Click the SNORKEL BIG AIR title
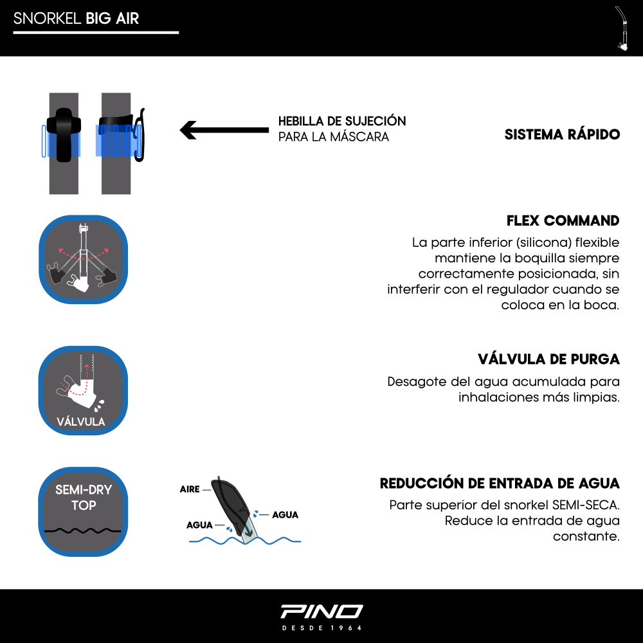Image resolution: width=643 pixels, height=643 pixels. click(x=77, y=19)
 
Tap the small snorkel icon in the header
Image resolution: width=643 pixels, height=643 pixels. click(x=622, y=29)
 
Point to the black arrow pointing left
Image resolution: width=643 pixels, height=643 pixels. click(x=224, y=130)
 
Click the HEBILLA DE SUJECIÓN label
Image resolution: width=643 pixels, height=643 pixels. click(x=342, y=121)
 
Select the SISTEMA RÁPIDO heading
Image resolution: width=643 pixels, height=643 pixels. click(x=562, y=134)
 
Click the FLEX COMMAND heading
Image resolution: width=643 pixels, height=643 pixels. click(x=563, y=221)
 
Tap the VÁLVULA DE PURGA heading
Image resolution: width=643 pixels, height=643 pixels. click(x=548, y=359)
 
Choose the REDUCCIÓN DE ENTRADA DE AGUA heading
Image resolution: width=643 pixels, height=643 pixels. click(x=500, y=483)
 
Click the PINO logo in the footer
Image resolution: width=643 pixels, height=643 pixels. click(x=321, y=611)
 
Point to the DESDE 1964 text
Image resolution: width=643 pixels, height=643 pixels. click(x=321, y=628)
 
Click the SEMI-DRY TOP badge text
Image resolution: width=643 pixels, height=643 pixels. click(x=84, y=498)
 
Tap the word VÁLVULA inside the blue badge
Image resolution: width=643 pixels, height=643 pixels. click(x=81, y=422)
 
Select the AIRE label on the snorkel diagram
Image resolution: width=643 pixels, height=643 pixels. click(x=190, y=489)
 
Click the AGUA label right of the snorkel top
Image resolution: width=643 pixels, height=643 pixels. click(x=285, y=514)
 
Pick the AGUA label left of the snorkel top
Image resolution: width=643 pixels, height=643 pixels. click(x=199, y=525)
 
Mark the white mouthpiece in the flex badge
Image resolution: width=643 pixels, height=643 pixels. click(x=78, y=283)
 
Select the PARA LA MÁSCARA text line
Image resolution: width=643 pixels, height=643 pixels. click(x=333, y=136)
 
